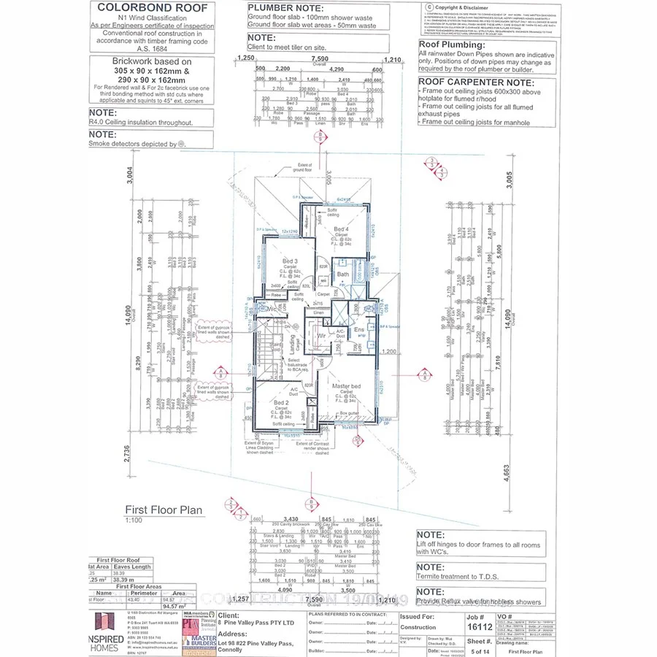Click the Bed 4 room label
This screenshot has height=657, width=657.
tap(341, 229)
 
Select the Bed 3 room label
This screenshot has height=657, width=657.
tap(290, 261)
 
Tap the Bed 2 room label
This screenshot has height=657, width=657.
tap(282, 402)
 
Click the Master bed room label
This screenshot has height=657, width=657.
tap(346, 385)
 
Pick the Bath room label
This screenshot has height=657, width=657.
tap(342, 275)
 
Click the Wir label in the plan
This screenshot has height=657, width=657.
tap(321, 336)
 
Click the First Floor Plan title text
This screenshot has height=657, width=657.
tap(164, 510)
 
